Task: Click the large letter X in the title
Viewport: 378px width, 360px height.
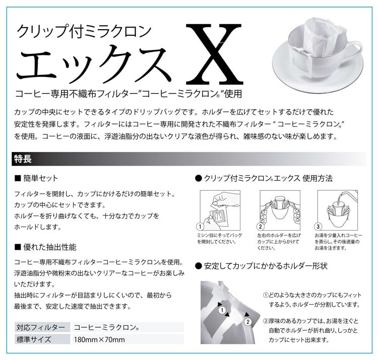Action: (215, 54)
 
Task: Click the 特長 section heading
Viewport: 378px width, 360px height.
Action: (23, 159)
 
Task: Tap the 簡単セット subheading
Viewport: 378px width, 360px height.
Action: (36, 178)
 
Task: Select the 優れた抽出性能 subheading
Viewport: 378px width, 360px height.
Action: (45, 247)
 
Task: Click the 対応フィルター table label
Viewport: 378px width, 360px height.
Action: (41, 327)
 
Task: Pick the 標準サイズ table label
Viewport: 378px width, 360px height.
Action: (34, 339)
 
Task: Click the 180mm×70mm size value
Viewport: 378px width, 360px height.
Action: (99, 340)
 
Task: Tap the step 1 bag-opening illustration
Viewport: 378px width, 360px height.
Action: (220, 210)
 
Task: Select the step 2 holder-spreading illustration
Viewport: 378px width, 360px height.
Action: (280, 210)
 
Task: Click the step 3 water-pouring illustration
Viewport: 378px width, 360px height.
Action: (338, 210)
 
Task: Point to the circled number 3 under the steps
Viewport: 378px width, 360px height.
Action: (318, 227)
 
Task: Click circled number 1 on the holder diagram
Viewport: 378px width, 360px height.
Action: (222, 310)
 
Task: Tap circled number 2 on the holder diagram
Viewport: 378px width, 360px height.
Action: (248, 322)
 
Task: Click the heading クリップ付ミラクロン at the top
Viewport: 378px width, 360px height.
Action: (84, 31)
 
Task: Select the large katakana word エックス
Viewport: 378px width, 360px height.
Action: (94, 62)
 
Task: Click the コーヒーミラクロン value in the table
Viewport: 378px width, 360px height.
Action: (106, 327)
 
